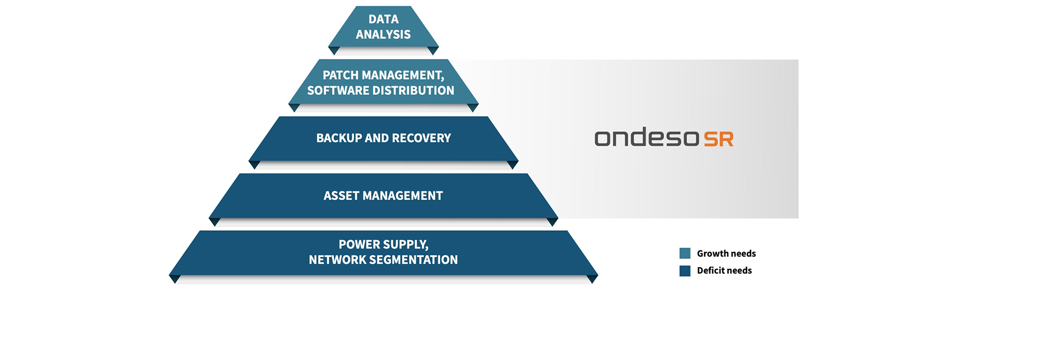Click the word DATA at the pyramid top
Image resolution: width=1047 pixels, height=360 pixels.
[383, 19]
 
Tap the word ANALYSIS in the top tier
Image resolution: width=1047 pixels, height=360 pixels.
[383, 34]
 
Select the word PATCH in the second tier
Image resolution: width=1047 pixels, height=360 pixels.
[340, 75]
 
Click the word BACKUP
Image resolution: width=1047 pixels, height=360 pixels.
[339, 138]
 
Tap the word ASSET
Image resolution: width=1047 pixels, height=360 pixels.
[341, 196]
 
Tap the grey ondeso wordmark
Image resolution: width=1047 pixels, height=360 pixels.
[647, 137]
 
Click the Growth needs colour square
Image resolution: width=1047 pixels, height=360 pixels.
[685, 253]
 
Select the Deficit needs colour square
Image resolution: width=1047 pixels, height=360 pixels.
[685, 271]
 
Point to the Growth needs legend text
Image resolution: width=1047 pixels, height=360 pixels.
[726, 254]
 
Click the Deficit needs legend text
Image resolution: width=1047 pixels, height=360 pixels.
[724, 271]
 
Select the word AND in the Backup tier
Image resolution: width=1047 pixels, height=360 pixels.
[377, 138]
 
